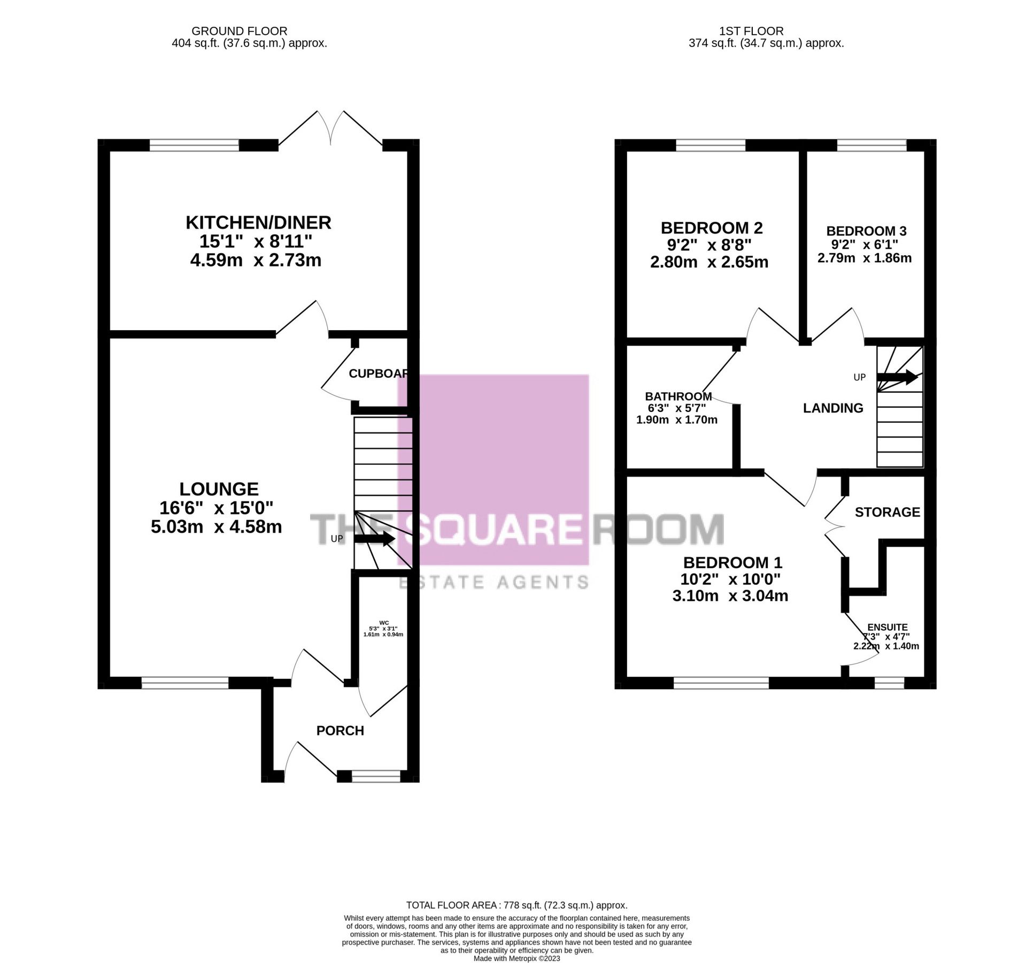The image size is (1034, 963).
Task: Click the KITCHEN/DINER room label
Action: pos(258,223)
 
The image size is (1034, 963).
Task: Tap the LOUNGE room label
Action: pos(219,489)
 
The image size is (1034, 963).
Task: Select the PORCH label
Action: pos(340,731)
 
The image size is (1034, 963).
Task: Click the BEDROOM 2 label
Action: pos(711,228)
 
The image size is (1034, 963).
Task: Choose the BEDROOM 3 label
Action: pos(866,231)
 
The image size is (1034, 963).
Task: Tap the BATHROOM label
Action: pos(678,396)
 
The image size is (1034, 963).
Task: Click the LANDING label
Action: pos(833,408)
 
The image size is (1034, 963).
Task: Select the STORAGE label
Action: pos(887,512)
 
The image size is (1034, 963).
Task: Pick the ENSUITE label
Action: pos(887,627)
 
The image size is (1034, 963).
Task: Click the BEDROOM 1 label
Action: pos(732,563)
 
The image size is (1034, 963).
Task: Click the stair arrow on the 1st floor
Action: pos(897,377)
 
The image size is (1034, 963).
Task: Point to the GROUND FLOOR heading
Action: pos(239,32)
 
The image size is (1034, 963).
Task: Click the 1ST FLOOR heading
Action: pos(751,32)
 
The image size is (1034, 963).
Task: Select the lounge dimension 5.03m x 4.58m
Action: pos(216,527)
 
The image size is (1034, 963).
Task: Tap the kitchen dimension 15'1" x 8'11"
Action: pos(256,242)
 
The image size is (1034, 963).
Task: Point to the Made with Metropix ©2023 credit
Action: pos(516,958)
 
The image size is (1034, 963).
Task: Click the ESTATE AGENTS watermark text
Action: pos(494,582)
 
